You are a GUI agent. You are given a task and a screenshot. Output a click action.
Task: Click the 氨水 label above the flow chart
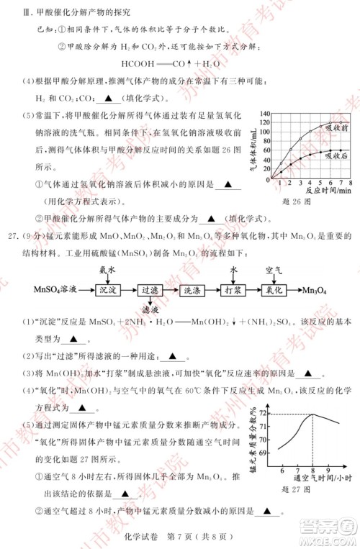click(x=109, y=268)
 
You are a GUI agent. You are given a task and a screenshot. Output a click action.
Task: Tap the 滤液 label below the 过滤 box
click(x=150, y=309)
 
